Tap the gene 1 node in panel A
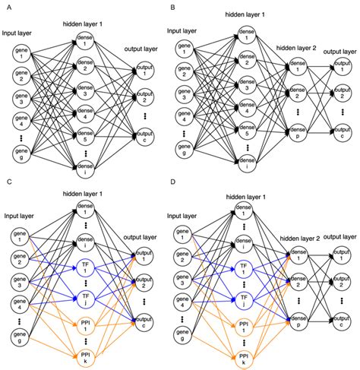pos(21,52)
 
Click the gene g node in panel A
pos(21,154)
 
